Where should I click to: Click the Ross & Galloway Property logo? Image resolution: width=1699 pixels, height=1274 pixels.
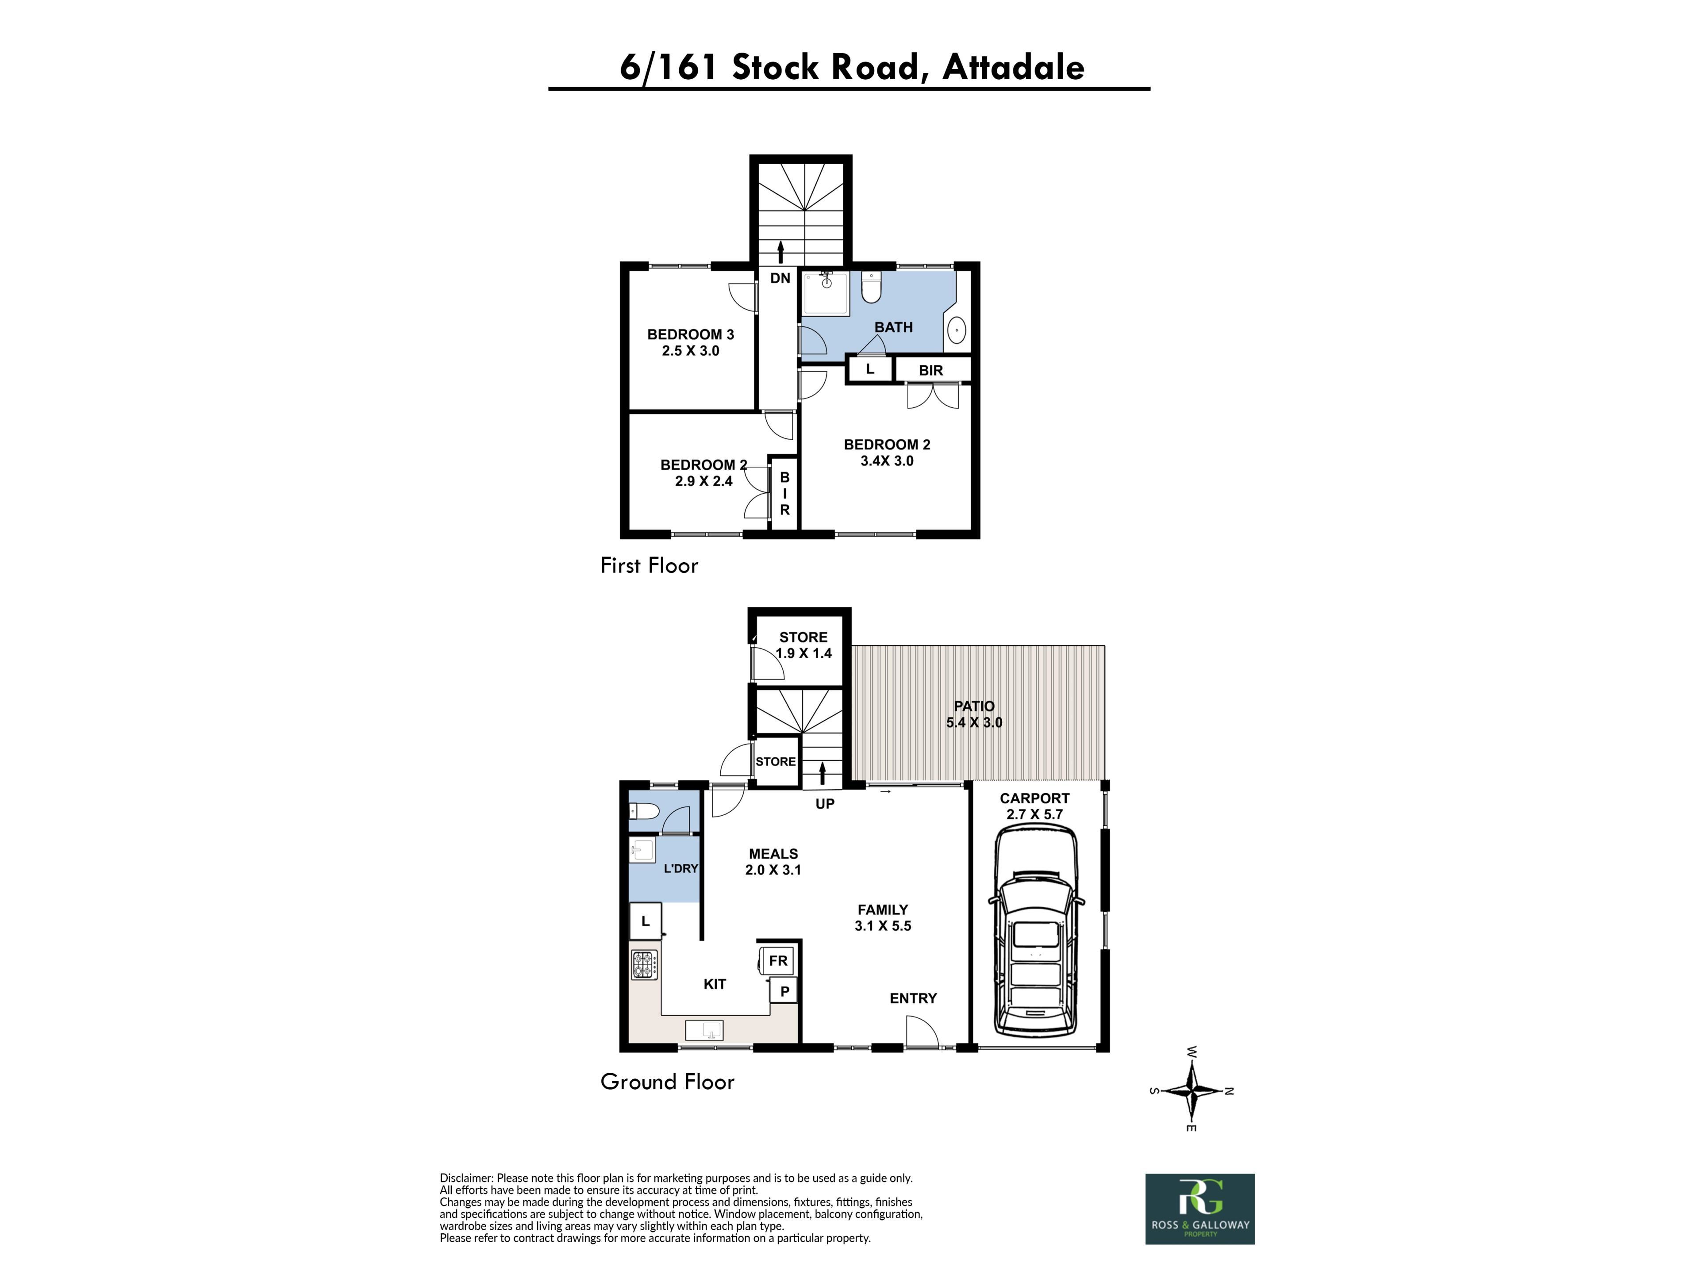point(1200,1209)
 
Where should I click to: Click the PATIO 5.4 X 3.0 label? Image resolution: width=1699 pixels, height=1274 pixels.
point(974,714)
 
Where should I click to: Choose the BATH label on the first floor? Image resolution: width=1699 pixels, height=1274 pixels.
point(893,327)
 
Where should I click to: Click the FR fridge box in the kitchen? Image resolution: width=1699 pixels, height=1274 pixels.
point(778,961)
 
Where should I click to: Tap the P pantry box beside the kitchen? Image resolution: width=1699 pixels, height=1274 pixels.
point(784,991)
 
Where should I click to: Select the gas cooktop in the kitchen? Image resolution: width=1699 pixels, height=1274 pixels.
point(644,965)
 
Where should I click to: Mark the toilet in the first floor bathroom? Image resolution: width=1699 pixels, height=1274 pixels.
point(871,287)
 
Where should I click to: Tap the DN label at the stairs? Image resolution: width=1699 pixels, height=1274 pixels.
point(780,278)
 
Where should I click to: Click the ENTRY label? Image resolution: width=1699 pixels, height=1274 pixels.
point(913,998)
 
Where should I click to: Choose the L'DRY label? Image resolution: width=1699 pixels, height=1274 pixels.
point(680,868)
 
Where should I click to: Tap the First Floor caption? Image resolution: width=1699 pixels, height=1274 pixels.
point(649,565)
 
